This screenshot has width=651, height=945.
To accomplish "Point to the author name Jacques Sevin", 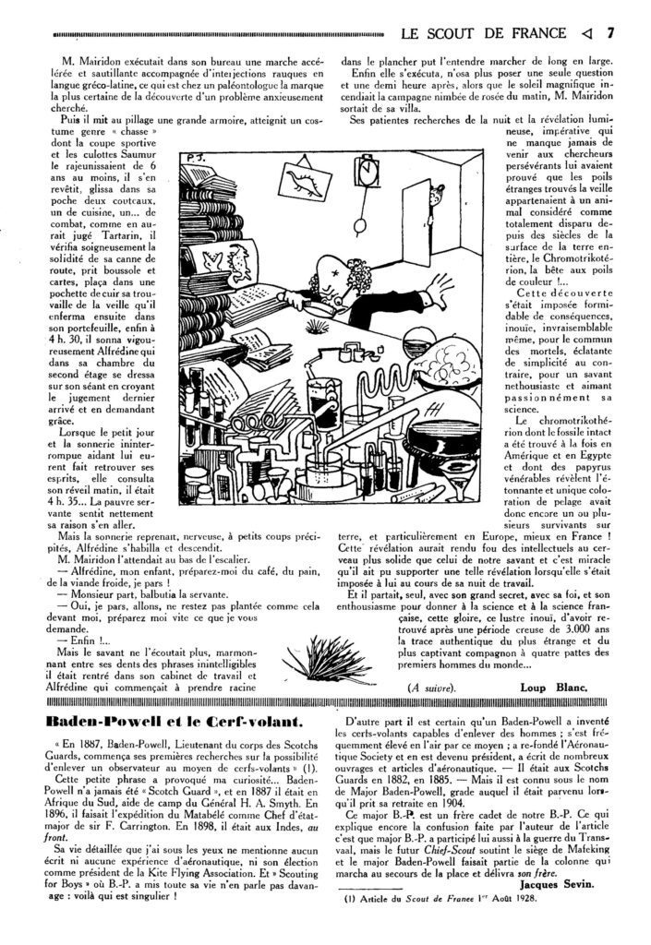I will (x=560, y=909).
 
